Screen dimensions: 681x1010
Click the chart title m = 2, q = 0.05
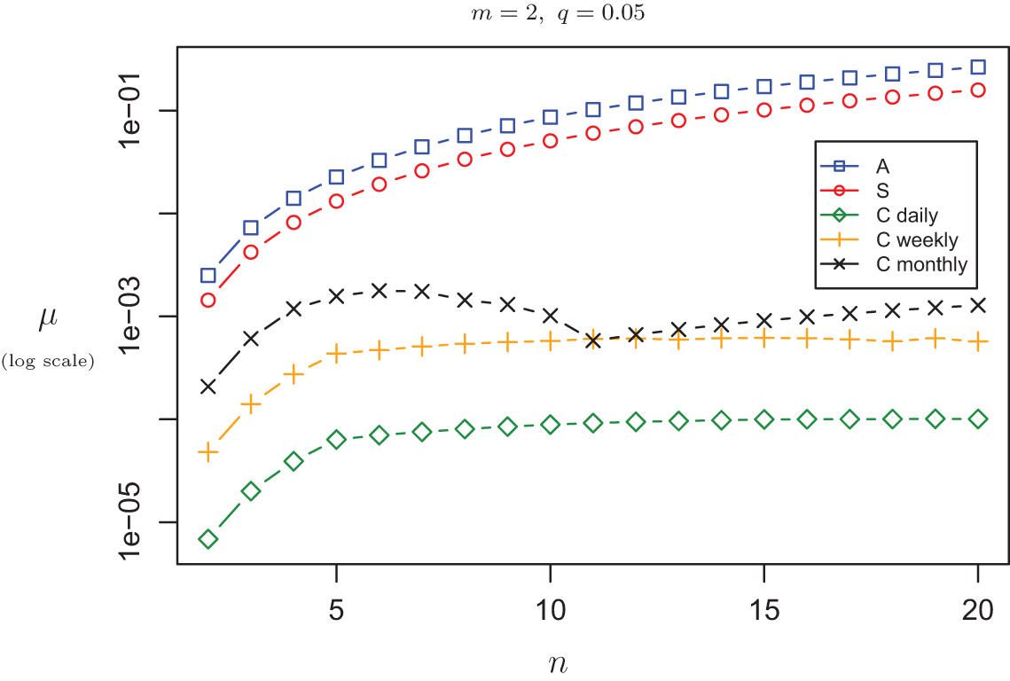pyautogui.click(x=551, y=16)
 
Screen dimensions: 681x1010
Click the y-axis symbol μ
pyautogui.click(x=48, y=320)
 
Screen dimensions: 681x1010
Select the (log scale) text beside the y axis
pyautogui.click(x=48, y=360)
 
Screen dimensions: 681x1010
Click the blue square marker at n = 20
pyautogui.click(x=978, y=67)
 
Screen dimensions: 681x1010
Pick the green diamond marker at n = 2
pyautogui.click(x=208, y=539)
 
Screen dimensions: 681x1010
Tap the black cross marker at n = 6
pyautogui.click(x=379, y=291)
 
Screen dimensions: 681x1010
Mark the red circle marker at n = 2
pyautogui.click(x=208, y=301)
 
